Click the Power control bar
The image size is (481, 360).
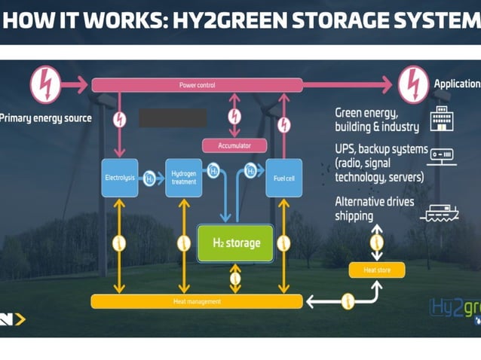pyautogui.click(x=198, y=85)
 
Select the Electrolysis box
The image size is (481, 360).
pyautogui.click(x=119, y=178)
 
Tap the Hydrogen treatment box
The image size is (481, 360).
pyautogui.click(x=184, y=178)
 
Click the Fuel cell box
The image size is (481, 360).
pyautogui.click(x=283, y=178)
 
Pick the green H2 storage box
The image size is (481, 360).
pyautogui.click(x=234, y=243)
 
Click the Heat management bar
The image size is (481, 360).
pyautogui.click(x=197, y=301)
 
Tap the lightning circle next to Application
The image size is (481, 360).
pyautogui.click(x=413, y=84)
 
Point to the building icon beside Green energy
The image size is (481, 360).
pyautogui.click(x=441, y=119)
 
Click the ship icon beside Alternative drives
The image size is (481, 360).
pyautogui.click(x=441, y=213)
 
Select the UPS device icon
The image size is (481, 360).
pyautogui.click(x=442, y=156)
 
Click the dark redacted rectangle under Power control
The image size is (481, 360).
pyautogui.click(x=173, y=118)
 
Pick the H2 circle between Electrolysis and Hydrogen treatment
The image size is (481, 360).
pyautogui.click(x=150, y=178)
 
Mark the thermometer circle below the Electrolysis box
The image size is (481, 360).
pyautogui.click(x=118, y=243)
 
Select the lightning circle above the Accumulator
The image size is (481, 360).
pyautogui.click(x=235, y=117)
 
